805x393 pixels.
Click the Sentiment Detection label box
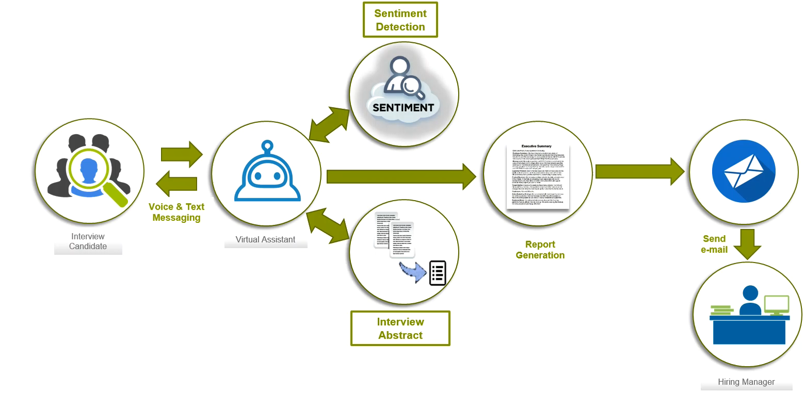point(400,20)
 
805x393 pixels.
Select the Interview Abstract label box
point(400,329)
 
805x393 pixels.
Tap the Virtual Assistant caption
point(265,239)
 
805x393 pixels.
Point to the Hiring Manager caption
point(746,382)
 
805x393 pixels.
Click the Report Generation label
point(540,250)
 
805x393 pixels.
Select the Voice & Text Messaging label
point(176,212)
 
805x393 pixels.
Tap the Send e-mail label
point(714,244)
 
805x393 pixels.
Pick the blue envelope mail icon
point(743,171)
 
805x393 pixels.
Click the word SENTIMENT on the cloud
point(403,108)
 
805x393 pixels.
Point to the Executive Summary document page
point(537,175)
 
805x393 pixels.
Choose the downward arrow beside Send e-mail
point(747,243)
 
